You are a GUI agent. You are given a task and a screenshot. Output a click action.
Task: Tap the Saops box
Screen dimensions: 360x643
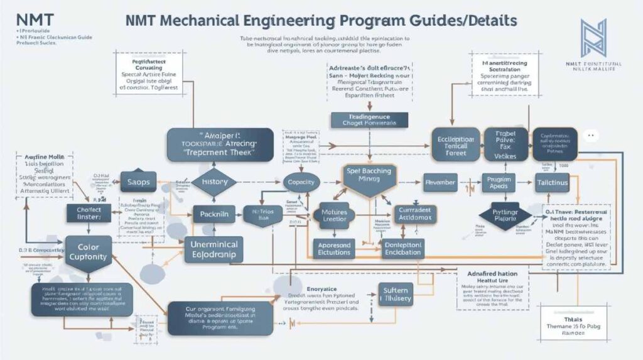[138, 181]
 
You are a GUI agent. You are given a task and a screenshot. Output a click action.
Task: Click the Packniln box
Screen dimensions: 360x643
[213, 214]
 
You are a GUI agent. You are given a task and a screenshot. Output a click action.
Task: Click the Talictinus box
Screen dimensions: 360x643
[552, 182]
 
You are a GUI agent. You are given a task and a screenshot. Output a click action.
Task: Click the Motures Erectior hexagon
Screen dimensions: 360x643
[334, 215]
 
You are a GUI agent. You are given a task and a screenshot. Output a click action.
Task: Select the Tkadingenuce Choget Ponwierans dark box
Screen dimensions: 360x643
[369, 120]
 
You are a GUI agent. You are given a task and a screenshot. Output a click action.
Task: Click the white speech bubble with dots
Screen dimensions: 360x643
[588, 135]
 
